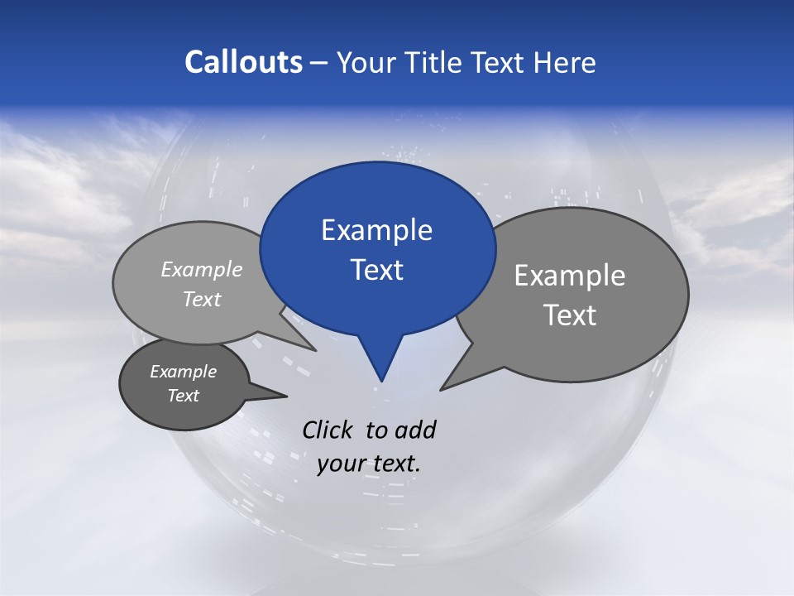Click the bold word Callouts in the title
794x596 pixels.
click(x=243, y=62)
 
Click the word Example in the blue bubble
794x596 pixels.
click(x=376, y=230)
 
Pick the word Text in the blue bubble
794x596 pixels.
click(x=376, y=270)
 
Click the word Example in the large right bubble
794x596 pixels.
click(x=570, y=276)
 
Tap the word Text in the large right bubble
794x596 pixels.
click(x=570, y=315)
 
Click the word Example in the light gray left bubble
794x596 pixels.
click(x=202, y=269)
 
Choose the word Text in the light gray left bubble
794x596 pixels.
click(x=202, y=299)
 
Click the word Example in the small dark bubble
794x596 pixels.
click(x=183, y=372)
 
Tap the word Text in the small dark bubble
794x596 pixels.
click(x=183, y=396)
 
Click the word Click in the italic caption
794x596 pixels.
click(x=329, y=430)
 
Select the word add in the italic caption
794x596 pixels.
click(x=415, y=430)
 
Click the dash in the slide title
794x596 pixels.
click(x=319, y=63)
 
